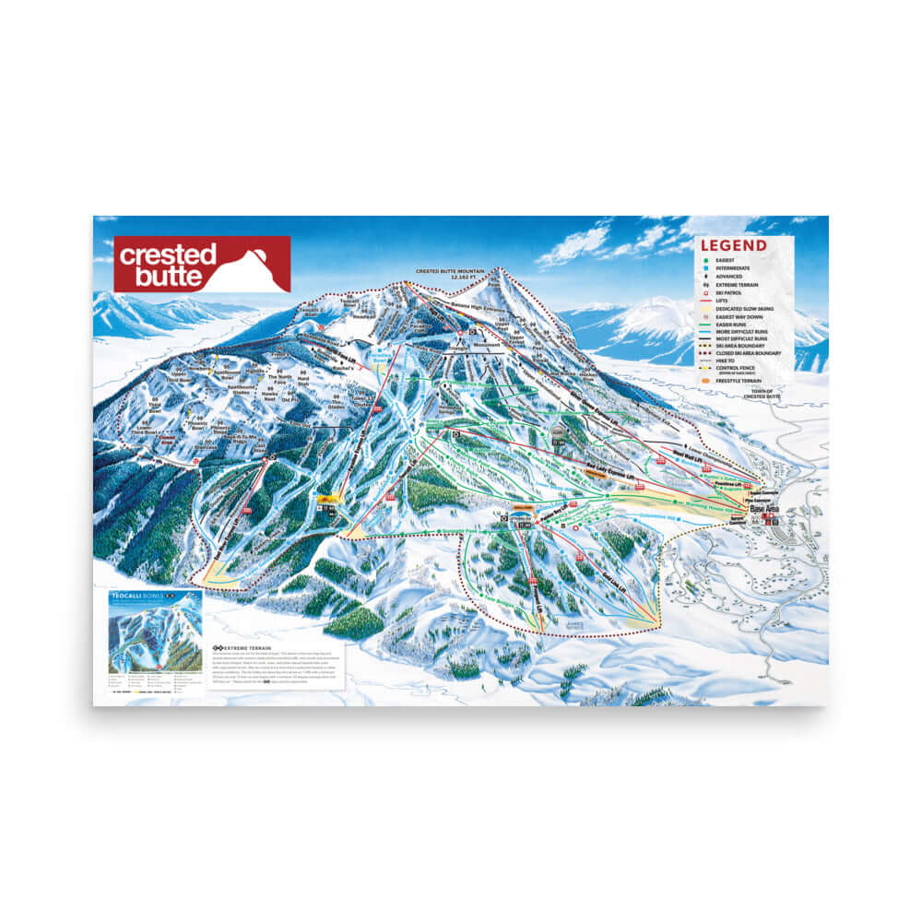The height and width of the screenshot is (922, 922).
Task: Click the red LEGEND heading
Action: point(733,245)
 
